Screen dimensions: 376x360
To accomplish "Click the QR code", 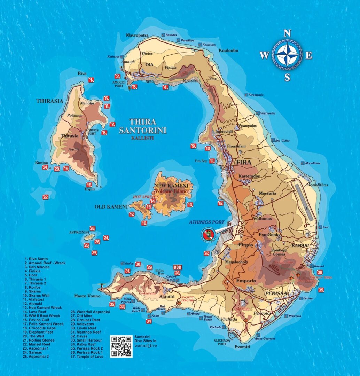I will coord(121,346).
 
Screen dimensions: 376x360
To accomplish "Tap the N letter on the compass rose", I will coord(287,33).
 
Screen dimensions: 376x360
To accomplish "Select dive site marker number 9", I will coord(194,146).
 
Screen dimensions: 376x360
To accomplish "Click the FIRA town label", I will coord(244,163).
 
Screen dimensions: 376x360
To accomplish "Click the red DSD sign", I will coord(178,267).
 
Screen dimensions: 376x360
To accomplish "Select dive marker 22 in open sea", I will coord(46,197).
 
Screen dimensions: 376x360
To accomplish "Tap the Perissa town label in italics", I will coord(276,293).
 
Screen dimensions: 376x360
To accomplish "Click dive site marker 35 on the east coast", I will coord(321,290).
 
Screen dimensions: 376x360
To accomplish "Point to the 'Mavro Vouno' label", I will coord(87,296).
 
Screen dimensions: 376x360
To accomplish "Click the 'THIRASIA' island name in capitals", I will coord(50,101).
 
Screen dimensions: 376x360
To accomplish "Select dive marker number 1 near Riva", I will coord(91,80).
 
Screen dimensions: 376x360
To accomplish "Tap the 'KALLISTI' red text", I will coord(142,138).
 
